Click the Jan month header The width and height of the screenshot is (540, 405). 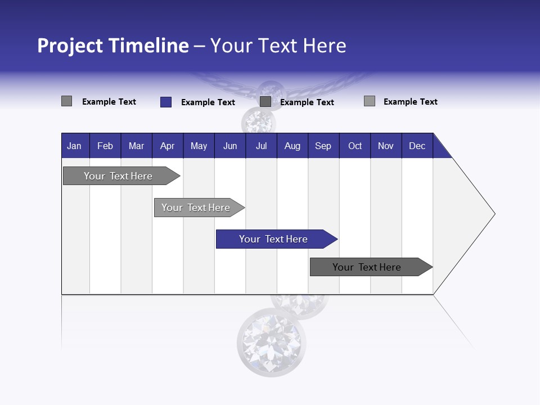pyautogui.click(x=74, y=146)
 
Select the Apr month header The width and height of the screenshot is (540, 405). pyautogui.click(x=167, y=146)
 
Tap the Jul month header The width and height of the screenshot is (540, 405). pyautogui.click(x=261, y=146)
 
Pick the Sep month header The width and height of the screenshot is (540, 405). pyautogui.click(x=323, y=146)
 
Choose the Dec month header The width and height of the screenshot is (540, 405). pyautogui.click(x=417, y=146)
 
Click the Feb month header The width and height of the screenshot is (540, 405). pyautogui.click(x=105, y=146)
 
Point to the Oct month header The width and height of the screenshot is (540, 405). pyautogui.click(x=355, y=146)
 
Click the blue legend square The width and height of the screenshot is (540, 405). pyautogui.click(x=165, y=102)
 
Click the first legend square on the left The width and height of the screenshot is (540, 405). pyautogui.click(x=66, y=101)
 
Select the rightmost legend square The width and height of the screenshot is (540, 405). pyautogui.click(x=369, y=101)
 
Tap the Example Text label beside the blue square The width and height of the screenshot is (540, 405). pyautogui.click(x=208, y=102)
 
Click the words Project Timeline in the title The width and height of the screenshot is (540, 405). pyautogui.click(x=112, y=46)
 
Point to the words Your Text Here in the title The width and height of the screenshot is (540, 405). pyautogui.click(x=278, y=46)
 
